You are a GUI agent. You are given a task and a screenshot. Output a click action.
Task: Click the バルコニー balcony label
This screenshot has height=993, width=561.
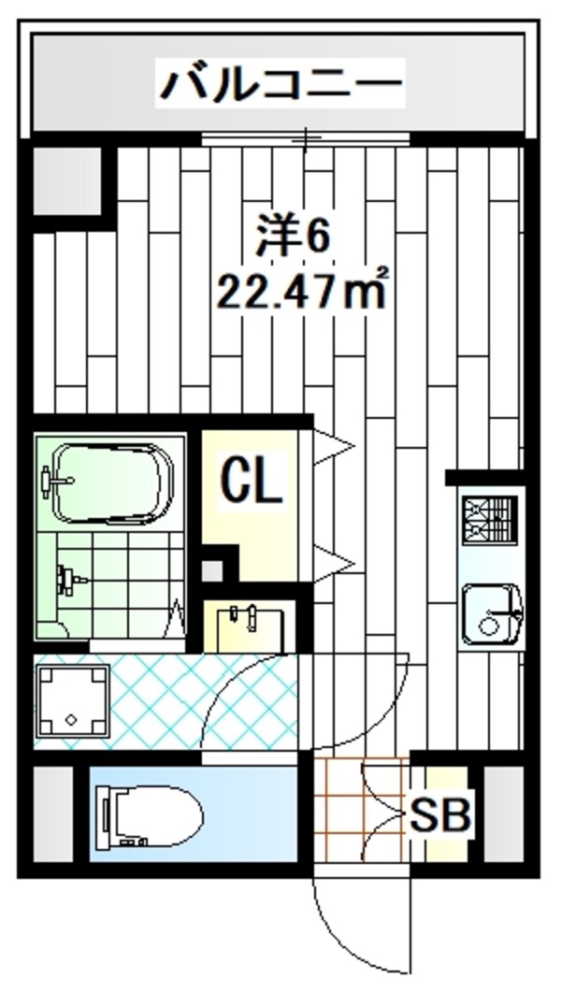280,84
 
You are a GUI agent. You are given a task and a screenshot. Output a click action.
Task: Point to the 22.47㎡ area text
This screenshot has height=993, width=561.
301,292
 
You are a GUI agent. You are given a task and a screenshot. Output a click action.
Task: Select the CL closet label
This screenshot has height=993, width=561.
251,482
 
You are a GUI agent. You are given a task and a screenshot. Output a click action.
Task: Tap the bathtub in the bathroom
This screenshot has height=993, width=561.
113,482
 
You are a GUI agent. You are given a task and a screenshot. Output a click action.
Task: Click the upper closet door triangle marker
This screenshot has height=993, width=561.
332,447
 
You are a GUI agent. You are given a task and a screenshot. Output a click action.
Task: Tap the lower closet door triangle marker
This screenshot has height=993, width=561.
332,562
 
